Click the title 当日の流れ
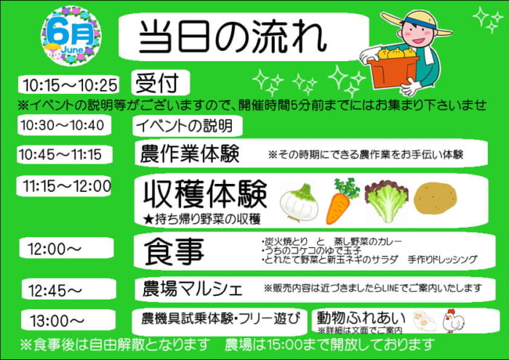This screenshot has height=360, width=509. tap(233, 36)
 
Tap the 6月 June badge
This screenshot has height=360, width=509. tap(71, 36)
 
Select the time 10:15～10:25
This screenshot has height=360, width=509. tap(70, 85)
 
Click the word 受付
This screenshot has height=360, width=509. tap(158, 83)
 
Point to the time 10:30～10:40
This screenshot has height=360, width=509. tap(63, 125)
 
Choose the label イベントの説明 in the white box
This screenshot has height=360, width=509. tap(185, 126)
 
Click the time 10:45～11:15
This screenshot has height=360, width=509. tap(60, 154)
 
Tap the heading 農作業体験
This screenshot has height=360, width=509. tap(190, 153)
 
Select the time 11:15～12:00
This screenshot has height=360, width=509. tap(67, 186)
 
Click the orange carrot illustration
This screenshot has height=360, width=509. tap(342, 201)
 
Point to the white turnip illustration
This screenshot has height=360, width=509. tap(300, 204)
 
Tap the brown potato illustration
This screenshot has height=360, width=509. tap(436, 199)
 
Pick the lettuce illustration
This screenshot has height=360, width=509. tap(387, 201)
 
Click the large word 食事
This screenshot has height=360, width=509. tap(174, 252)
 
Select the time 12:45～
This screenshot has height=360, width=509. tap(55, 290)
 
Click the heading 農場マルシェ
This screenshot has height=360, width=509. tap(193, 289)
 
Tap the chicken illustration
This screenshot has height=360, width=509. tap(454, 321)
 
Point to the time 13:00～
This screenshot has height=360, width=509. tap(57, 321)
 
